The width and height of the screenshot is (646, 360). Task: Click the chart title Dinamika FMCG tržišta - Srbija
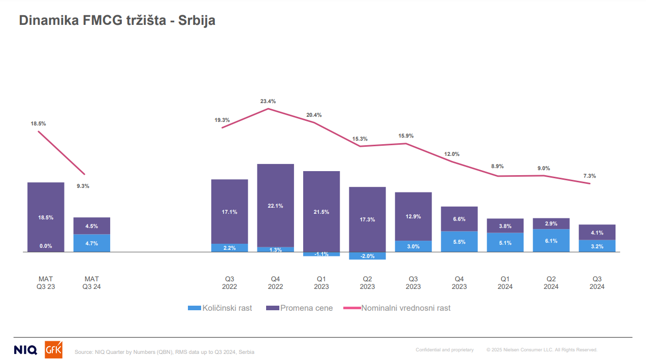point(117,21)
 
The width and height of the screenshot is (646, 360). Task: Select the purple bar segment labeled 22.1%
point(275,205)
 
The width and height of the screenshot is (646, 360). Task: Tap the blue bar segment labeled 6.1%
point(551,241)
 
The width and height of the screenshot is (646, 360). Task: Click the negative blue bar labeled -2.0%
point(367,256)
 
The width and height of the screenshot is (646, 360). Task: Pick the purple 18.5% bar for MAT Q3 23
point(46,217)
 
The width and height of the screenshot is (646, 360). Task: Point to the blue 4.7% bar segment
point(92,243)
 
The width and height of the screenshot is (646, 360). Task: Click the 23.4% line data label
point(268,102)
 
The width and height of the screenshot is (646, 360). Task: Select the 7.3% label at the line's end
point(590,176)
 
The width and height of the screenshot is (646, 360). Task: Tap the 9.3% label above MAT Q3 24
point(83,186)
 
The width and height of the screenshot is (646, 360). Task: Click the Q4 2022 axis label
point(275,283)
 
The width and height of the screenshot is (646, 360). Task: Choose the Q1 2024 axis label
point(505,283)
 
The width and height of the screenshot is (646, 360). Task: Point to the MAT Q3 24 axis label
point(92,283)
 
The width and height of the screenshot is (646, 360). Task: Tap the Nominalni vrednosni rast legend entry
point(397,308)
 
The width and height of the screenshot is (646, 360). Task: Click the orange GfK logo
point(54,349)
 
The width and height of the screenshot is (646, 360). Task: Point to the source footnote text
point(165,352)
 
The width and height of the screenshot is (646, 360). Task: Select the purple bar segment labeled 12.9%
point(413,216)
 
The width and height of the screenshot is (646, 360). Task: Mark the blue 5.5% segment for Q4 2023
point(459,242)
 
